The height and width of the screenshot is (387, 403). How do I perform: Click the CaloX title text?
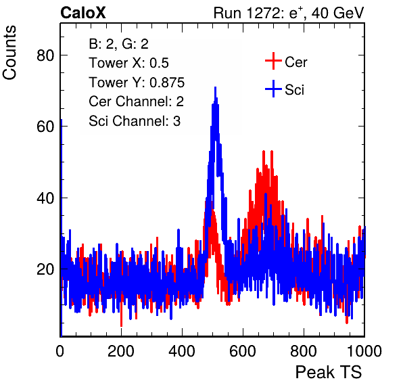coord(82,13)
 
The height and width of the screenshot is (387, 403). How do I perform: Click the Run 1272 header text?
coord(289,13)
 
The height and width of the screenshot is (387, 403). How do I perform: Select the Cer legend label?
coord(295,62)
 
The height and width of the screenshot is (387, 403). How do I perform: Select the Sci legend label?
coord(294,90)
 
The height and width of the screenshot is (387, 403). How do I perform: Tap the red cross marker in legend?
coord(273,61)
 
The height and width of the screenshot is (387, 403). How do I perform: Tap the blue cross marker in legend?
coord(273,89)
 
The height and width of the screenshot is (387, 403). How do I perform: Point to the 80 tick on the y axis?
coord(45,55)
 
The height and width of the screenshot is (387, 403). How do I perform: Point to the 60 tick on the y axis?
coord(45,127)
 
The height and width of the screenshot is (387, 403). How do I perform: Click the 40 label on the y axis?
coord(45,198)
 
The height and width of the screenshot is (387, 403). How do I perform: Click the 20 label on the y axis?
coord(45,269)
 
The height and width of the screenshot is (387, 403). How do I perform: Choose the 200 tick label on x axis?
coord(121,350)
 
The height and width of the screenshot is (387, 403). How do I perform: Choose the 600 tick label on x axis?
coord(243,350)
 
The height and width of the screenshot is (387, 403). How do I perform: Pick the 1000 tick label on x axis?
coord(364,350)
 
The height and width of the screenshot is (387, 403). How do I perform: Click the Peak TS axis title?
coord(329,372)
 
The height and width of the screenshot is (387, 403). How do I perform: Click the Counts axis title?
coord(9,53)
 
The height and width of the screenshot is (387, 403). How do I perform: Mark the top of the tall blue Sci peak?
coord(216,87)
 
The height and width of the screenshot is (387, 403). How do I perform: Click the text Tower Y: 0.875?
coord(137,83)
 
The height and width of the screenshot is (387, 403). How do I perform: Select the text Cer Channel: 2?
coord(136,101)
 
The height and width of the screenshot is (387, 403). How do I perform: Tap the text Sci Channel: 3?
coord(135,121)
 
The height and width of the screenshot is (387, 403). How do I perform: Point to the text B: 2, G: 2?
coord(119,44)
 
